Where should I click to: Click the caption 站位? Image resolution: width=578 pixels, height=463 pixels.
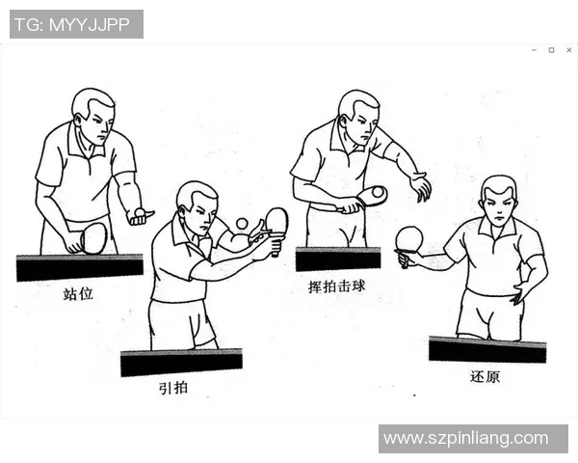coord(78,293)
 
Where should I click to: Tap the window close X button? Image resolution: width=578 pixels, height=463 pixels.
coord(568,50)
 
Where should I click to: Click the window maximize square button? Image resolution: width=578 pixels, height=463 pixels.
coord(551,50)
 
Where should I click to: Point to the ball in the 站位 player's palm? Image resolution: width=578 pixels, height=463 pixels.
coord(141,212)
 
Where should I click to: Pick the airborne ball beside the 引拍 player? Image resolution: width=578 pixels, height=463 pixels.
coord(242,224)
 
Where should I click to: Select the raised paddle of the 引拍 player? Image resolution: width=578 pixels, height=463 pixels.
coord(276,221)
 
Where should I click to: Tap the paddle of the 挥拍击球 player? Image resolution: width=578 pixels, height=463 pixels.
coord(372,195)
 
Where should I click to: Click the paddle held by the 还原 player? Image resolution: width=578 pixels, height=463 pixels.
coord(409,238)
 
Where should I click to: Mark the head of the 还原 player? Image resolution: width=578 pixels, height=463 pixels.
coord(498,200)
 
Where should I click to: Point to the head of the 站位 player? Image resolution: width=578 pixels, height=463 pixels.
coord(93,114)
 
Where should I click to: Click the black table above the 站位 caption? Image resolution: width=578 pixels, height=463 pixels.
coord(80,267)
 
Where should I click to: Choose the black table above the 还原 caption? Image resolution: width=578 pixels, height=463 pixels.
coord(486,349)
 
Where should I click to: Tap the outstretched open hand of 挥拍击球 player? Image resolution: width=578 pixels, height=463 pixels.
coord(420,185)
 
